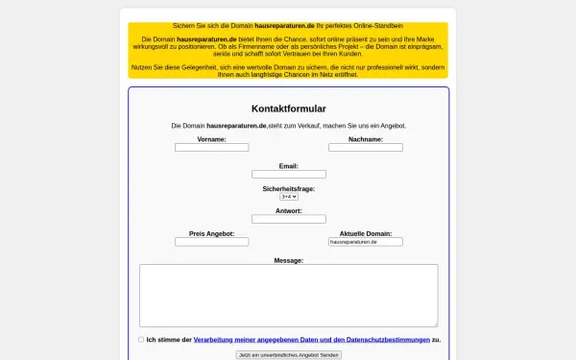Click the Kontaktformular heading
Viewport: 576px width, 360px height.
(288, 108)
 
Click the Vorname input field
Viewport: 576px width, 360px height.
(211, 148)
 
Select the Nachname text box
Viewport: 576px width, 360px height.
(366, 148)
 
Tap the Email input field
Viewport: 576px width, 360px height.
(288, 175)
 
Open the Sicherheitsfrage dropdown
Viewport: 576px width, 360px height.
(288, 197)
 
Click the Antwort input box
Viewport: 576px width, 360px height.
(288, 219)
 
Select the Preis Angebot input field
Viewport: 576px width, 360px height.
(211, 242)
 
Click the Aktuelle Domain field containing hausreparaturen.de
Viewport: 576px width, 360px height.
(366, 242)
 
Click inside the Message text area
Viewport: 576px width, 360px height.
(288, 295)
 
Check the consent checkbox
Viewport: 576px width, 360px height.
(141, 339)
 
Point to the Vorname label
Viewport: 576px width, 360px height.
(211, 139)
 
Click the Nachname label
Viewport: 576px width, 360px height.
(366, 139)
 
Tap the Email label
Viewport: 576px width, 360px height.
(288, 166)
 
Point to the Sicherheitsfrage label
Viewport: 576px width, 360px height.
(288, 189)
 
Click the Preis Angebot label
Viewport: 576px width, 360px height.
(211, 233)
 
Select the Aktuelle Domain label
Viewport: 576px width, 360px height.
(366, 233)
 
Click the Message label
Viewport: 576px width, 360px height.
(288, 260)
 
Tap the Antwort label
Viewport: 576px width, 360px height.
(288, 210)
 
